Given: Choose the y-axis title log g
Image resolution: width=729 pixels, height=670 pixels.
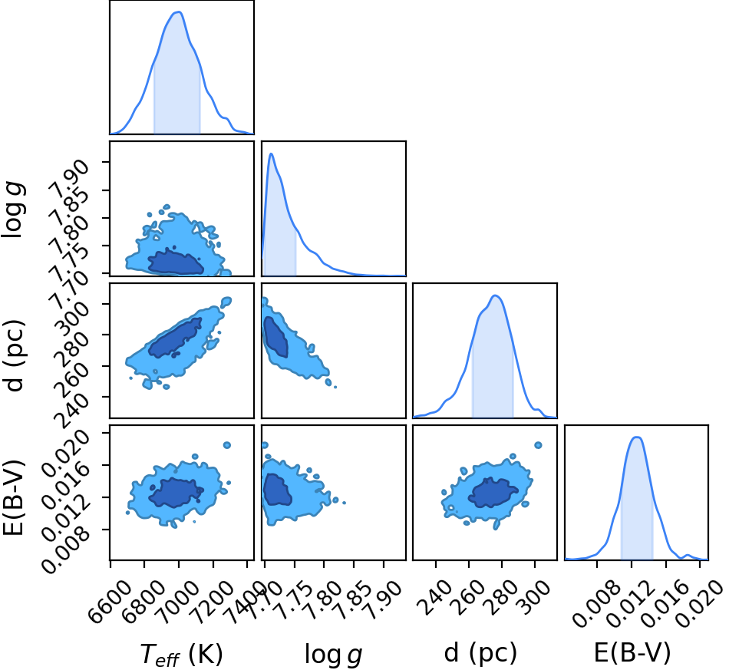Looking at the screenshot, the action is (x=13, y=210).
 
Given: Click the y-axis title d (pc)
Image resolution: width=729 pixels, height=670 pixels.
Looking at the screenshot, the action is (x=14, y=355).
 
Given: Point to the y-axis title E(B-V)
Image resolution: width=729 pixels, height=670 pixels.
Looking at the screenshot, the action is (x=13, y=497).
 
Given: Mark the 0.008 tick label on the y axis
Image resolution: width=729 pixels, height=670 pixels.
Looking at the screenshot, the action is (x=65, y=549).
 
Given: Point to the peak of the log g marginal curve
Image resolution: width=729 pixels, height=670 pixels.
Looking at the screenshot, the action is (x=271, y=154).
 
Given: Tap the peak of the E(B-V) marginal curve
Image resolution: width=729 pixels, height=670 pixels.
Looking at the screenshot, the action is (x=637, y=437).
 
